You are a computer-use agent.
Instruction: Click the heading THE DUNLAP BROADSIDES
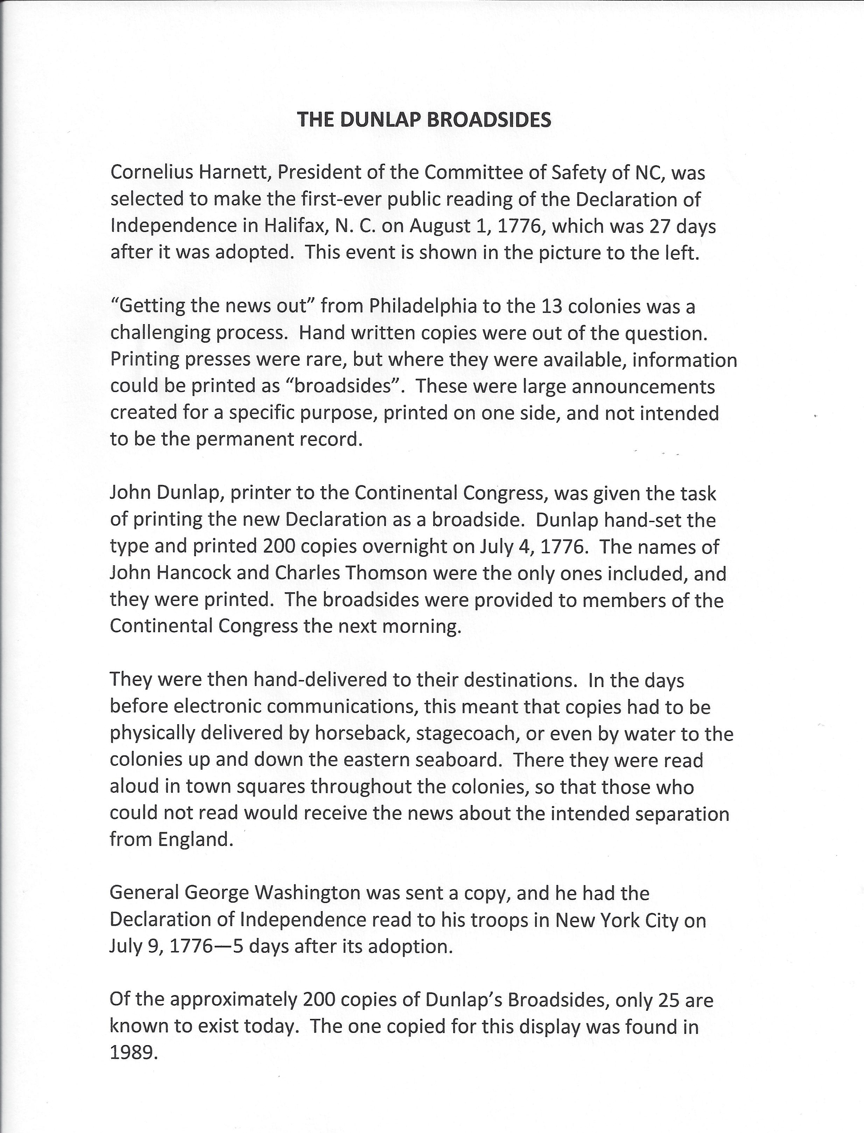click(424, 119)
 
